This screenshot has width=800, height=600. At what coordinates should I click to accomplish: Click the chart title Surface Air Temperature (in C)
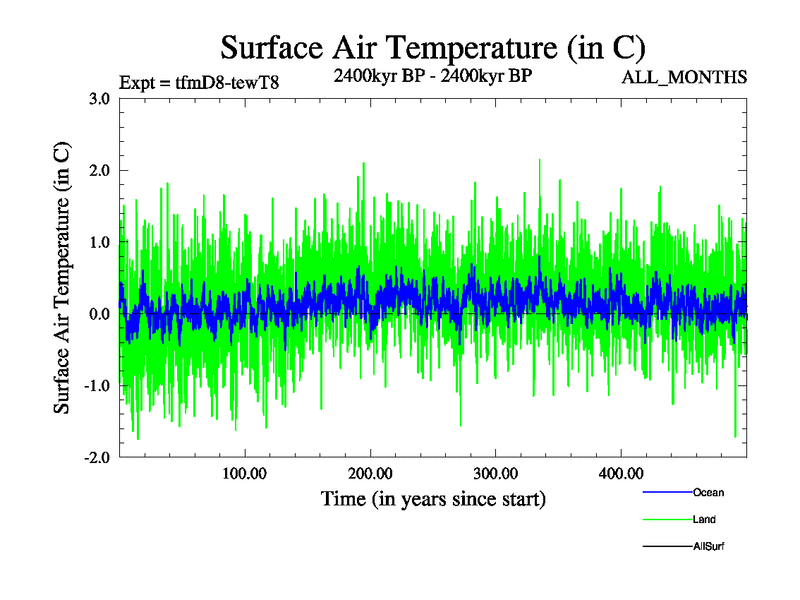click(433, 48)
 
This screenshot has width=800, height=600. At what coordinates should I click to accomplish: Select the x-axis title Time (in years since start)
click(433, 498)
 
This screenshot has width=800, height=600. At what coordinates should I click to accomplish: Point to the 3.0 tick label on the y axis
click(100, 99)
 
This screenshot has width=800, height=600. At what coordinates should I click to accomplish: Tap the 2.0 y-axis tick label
click(100, 171)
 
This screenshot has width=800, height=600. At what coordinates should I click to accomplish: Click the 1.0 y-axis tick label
click(100, 242)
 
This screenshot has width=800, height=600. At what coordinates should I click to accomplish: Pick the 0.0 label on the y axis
click(100, 314)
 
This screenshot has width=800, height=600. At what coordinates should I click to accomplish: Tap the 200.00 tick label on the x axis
click(370, 474)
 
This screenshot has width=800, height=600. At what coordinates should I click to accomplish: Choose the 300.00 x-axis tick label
click(495, 474)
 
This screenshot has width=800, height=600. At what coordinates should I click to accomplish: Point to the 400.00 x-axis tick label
click(620, 474)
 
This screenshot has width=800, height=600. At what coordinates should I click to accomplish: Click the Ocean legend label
click(708, 492)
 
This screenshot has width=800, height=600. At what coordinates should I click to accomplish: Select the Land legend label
click(704, 520)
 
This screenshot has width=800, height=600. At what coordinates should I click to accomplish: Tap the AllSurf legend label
click(708, 547)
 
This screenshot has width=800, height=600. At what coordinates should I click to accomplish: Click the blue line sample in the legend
click(666, 492)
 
